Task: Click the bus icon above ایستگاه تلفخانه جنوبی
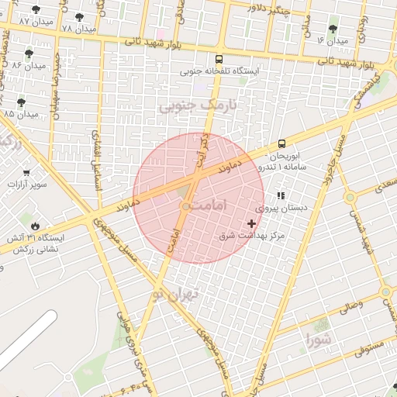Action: pos(219,59)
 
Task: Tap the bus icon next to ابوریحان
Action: pos(281,143)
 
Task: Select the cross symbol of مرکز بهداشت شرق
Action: pos(251,223)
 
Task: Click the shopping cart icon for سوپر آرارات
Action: pos(27,172)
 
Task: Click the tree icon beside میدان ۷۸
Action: pos(80,16)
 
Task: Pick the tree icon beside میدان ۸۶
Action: pos(29,54)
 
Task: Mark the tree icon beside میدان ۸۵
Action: pos(21,102)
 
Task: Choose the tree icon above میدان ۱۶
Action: pos(333,29)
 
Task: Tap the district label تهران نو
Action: pos(176,294)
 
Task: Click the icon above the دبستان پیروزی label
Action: pos(281,195)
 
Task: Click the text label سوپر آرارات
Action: pos(27,185)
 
